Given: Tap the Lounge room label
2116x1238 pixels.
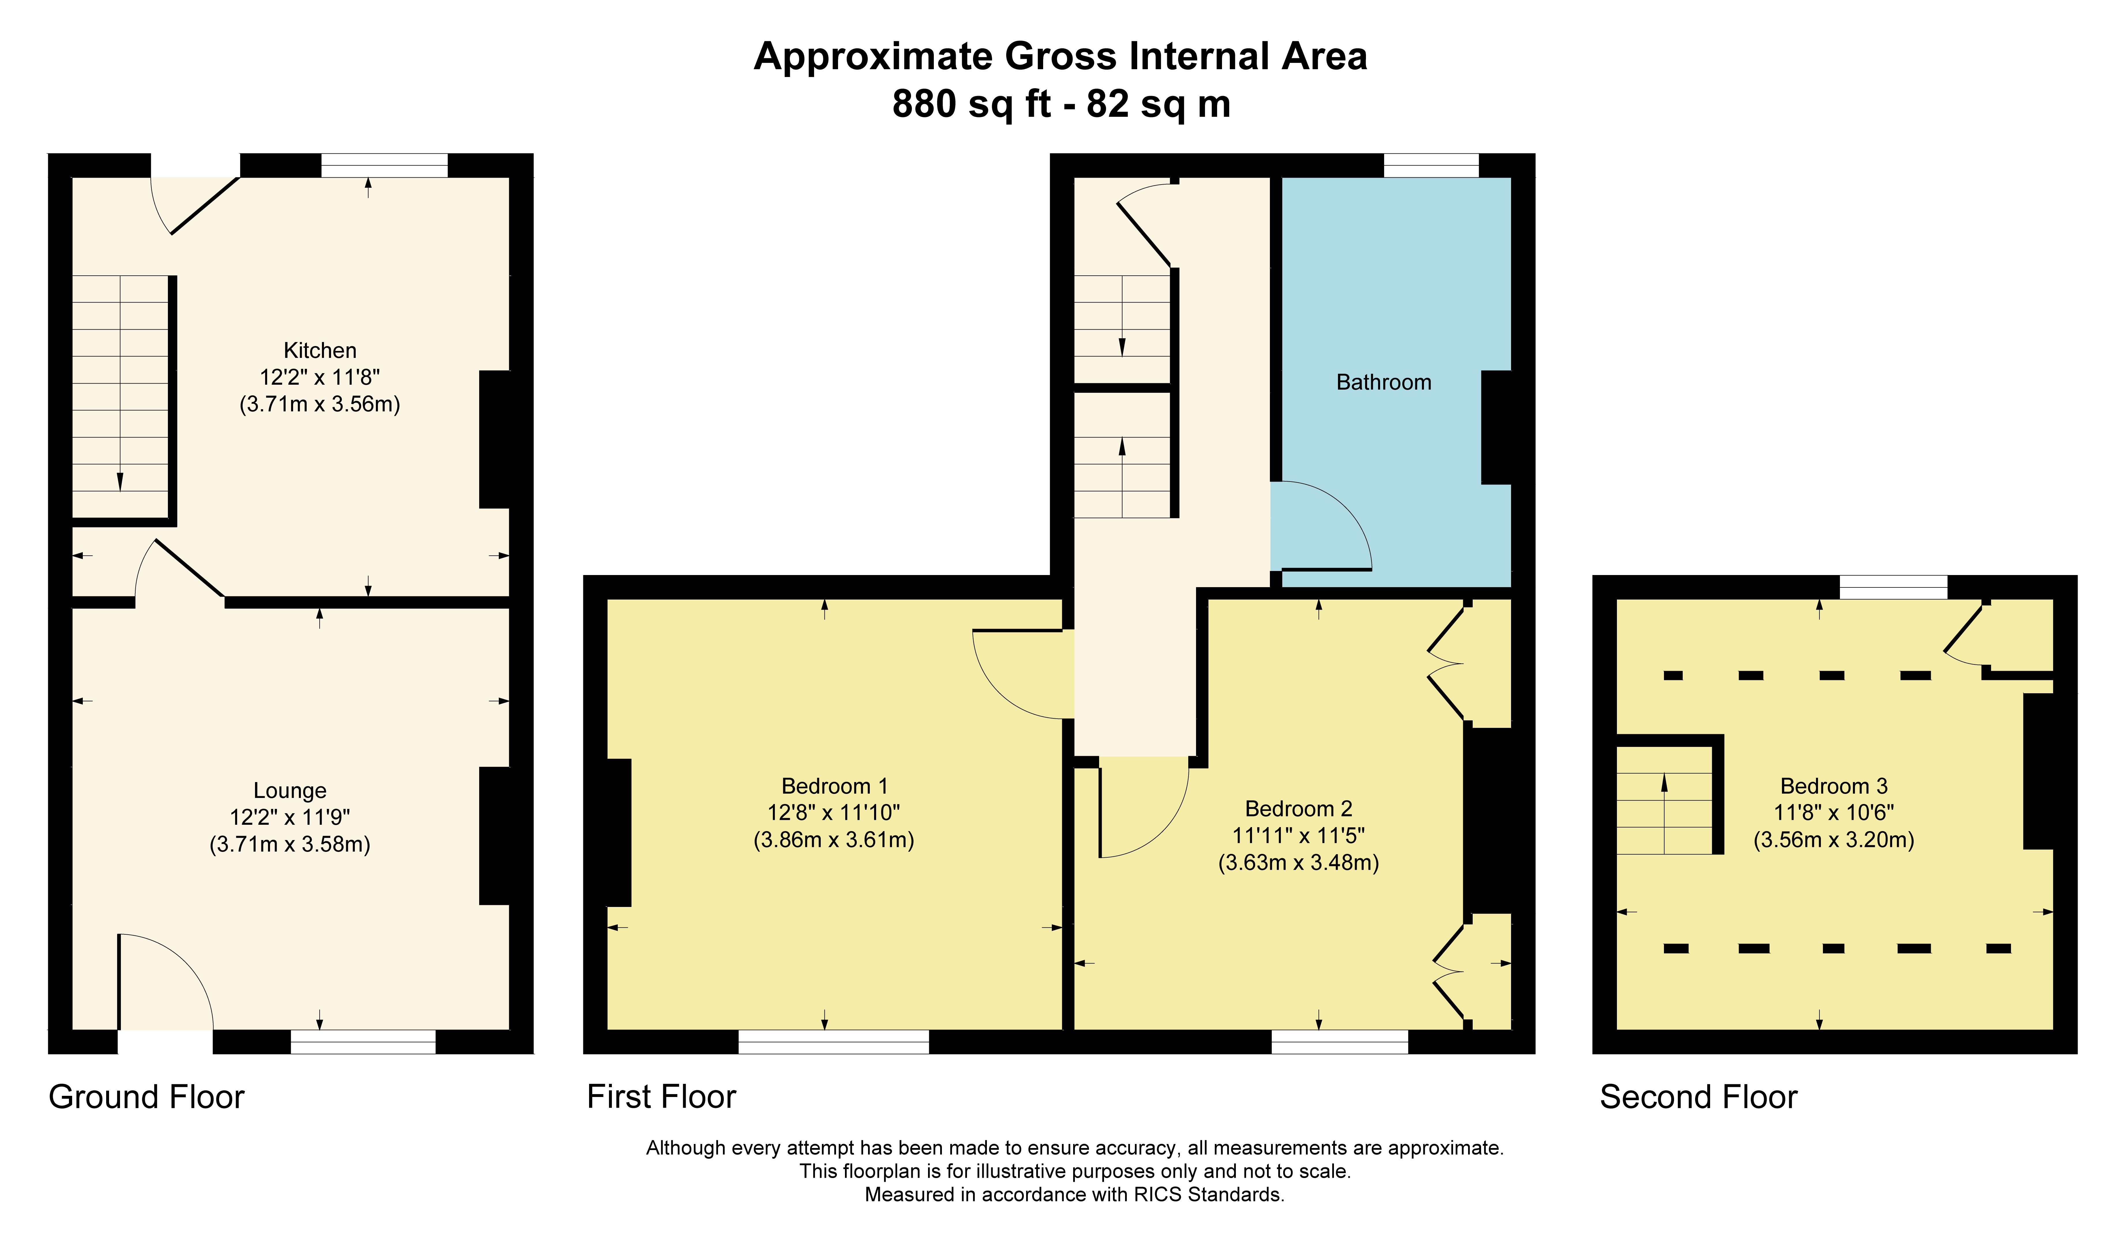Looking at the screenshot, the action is [290, 791].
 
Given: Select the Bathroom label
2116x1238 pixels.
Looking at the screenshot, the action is [1384, 383].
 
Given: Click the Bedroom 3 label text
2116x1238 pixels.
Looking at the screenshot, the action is [1834, 786].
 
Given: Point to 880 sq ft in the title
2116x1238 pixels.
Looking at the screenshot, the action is [972, 104].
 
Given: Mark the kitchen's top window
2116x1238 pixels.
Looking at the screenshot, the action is [385, 165].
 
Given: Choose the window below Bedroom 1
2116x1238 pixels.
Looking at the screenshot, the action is [834, 1042].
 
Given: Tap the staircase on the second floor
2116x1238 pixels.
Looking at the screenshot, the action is [1664, 813].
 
